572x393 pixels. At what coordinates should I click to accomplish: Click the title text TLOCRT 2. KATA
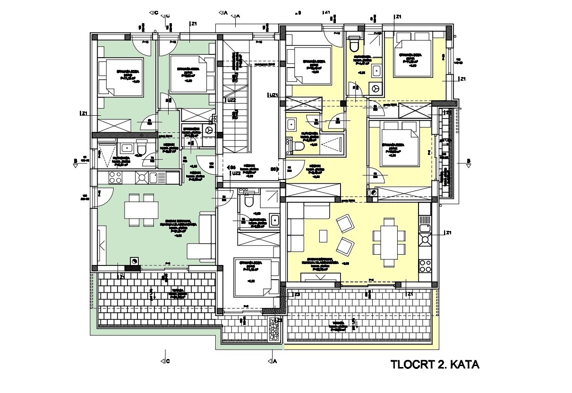[435, 365]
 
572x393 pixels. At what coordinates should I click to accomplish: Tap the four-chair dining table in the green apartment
[141, 209]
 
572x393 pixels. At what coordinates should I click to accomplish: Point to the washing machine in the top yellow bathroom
[376, 88]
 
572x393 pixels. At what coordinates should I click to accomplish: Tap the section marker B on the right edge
[468, 162]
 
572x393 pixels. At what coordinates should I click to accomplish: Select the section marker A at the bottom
[274, 361]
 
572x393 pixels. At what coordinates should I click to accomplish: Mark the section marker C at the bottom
[166, 361]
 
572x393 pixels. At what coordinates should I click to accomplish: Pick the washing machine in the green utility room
[209, 129]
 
